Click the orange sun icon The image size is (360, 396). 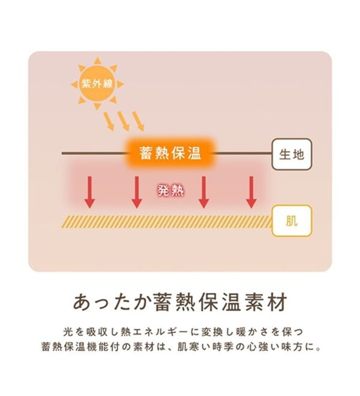click(x=97, y=83)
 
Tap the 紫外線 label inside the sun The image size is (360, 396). click(x=97, y=83)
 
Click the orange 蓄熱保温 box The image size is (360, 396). click(x=170, y=153)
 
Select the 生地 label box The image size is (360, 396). click(x=292, y=154)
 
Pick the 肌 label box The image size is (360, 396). click(x=292, y=221)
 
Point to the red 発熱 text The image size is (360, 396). click(x=170, y=191)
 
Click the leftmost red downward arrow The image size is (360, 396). click(x=89, y=192)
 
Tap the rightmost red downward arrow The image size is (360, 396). click(x=251, y=192)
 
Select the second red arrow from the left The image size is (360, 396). click(x=137, y=192)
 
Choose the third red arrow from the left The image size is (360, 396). click(x=203, y=192)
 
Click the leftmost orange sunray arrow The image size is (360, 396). click(x=109, y=121)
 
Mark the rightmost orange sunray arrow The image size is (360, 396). click(x=138, y=121)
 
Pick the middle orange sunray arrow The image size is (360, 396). click(x=124, y=121)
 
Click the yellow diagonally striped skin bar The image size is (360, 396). click(x=167, y=222)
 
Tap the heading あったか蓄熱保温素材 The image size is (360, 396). click(x=180, y=302)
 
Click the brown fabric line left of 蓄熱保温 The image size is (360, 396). click(x=94, y=153)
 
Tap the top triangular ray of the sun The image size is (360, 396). click(x=97, y=61)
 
